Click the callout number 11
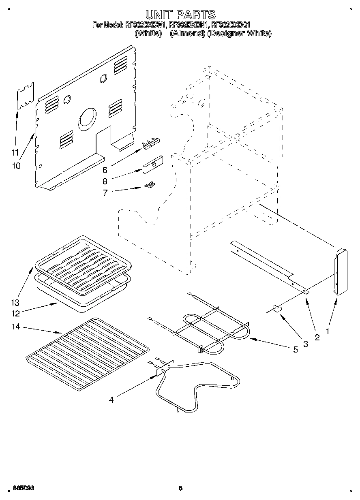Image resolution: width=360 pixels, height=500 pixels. pos(15,152)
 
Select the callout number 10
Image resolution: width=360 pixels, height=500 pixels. pos(17,166)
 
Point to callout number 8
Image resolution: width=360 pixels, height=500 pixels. pos(105,181)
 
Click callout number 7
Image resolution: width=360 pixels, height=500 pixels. pos(105,193)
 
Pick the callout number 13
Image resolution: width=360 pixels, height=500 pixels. pos(15,303)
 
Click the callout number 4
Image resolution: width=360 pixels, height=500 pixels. pos(111,400)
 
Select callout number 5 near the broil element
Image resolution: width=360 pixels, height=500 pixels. pos(296,349)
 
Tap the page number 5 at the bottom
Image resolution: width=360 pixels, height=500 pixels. pos(181,489)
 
